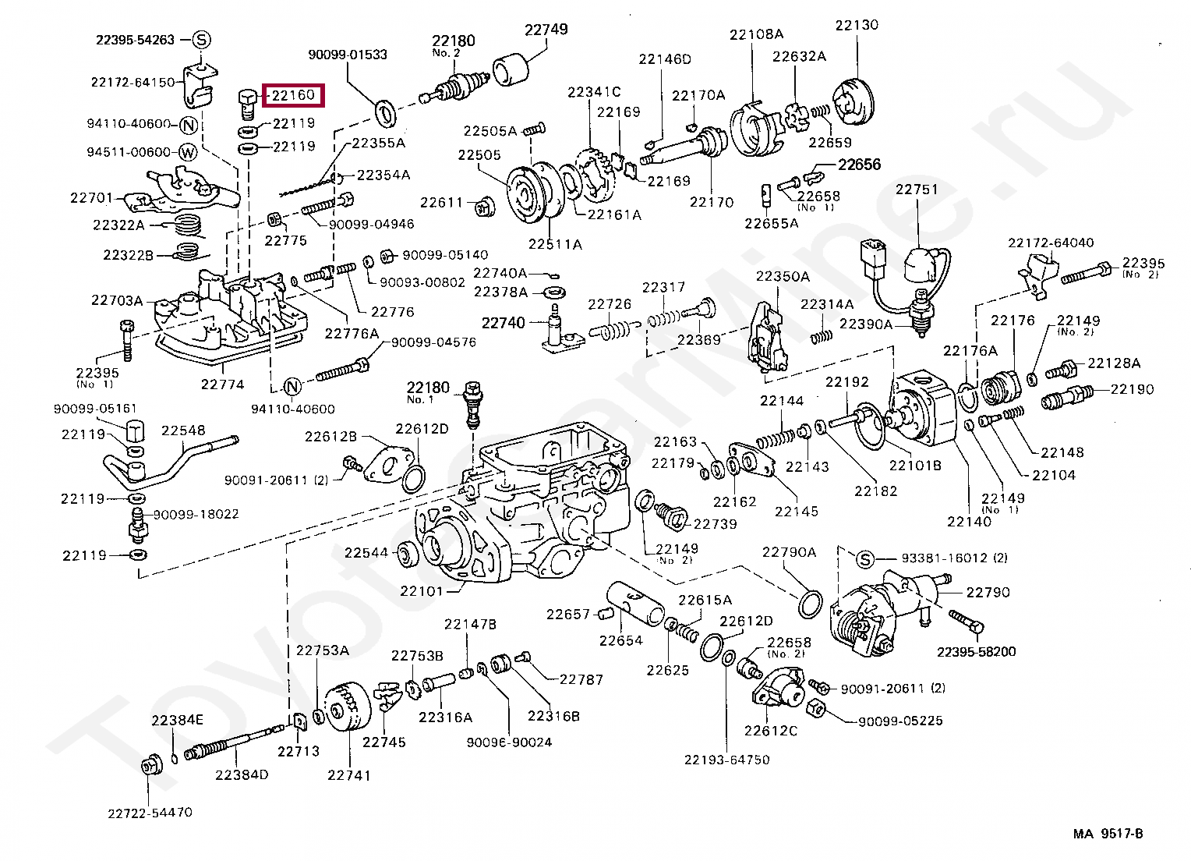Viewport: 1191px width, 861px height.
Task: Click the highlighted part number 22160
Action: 292,96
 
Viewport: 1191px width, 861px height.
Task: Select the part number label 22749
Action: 546,30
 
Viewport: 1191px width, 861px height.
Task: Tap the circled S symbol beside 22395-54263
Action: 200,39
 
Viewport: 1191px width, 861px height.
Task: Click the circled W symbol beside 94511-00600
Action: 188,152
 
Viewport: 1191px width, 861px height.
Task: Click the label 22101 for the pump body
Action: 421,590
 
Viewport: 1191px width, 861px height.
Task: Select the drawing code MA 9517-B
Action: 1108,834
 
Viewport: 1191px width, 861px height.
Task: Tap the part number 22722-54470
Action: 150,813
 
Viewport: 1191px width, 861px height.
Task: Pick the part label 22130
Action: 857,25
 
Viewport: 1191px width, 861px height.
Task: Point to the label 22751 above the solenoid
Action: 917,190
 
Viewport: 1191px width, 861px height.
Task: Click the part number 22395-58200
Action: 976,652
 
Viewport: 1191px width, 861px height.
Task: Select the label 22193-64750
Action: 726,760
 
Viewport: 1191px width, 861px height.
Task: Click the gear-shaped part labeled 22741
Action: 345,707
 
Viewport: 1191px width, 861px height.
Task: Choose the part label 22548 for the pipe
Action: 183,430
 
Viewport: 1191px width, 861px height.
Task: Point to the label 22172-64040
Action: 1050,243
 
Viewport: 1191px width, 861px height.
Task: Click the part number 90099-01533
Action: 348,55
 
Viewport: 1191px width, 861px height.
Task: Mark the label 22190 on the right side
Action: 1132,389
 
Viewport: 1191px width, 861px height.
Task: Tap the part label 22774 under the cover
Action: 222,384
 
